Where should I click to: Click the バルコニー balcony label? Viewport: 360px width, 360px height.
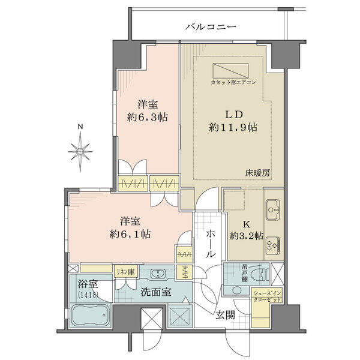click(x=211, y=27)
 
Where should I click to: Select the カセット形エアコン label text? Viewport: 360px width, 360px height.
click(x=233, y=82)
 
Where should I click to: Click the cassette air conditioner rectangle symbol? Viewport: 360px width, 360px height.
click(x=230, y=71)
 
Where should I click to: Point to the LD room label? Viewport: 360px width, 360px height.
click(x=233, y=115)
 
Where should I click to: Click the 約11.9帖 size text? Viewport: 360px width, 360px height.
click(x=233, y=127)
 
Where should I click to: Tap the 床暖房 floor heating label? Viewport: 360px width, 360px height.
click(x=257, y=173)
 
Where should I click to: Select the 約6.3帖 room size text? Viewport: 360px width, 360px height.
click(x=148, y=117)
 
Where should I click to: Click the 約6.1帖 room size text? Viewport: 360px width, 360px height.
click(x=130, y=234)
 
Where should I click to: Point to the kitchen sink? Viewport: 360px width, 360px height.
click(x=273, y=209)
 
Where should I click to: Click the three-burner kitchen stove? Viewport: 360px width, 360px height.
click(x=273, y=245)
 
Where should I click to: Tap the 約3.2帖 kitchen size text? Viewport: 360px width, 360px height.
click(x=247, y=236)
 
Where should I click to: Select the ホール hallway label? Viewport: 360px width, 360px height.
click(x=211, y=245)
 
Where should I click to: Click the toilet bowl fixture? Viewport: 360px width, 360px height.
click(x=260, y=274)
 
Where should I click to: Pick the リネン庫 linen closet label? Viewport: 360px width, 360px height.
click(x=126, y=272)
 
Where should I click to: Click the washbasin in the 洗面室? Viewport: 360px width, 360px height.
click(x=158, y=274)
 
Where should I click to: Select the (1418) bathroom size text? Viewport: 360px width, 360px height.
click(x=88, y=295)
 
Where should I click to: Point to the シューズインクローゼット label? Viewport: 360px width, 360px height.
click(x=267, y=296)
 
